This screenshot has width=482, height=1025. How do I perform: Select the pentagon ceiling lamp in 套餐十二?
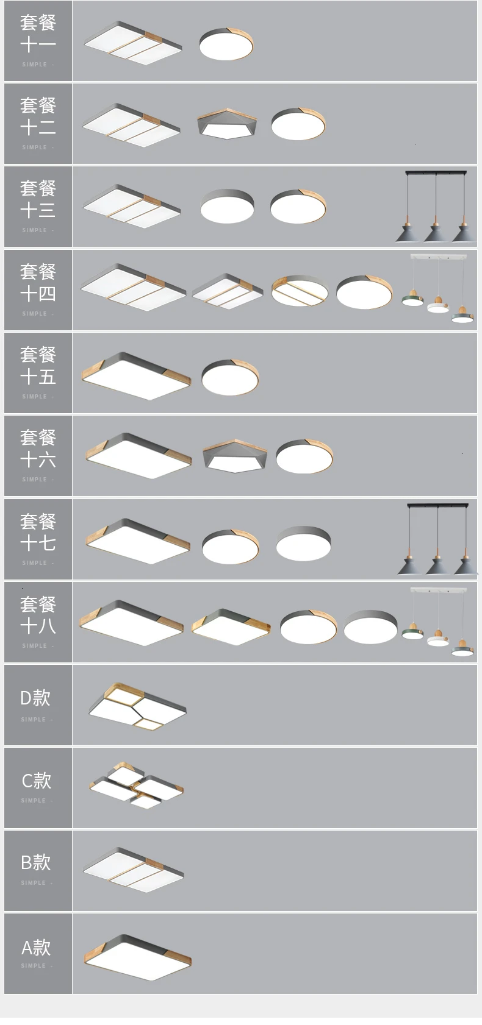[x=227, y=124]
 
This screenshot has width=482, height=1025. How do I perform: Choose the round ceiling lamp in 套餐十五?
[x=230, y=377]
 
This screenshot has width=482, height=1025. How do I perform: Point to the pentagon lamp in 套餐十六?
[x=234, y=456]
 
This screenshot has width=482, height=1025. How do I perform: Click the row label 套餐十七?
[x=38, y=532]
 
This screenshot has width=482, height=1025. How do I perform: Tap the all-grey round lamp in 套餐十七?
[x=303, y=543]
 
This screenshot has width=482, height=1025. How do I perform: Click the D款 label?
[x=35, y=698]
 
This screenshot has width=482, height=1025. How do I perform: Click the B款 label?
[x=35, y=863]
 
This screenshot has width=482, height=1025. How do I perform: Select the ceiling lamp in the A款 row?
[x=137, y=958]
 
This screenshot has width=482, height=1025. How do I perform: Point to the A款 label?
[x=35, y=948]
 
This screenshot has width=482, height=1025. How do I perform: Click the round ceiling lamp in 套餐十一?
[x=226, y=44]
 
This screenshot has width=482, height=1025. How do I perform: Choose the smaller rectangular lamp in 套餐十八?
[x=231, y=627]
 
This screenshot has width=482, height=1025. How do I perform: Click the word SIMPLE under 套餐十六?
[x=35, y=480]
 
